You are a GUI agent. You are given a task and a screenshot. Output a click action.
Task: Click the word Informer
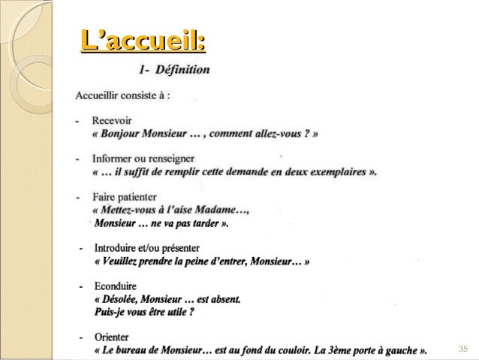click(x=113, y=159)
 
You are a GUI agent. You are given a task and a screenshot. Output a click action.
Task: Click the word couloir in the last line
click(x=306, y=351)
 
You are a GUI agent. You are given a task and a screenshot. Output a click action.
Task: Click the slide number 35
click(x=462, y=350)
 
